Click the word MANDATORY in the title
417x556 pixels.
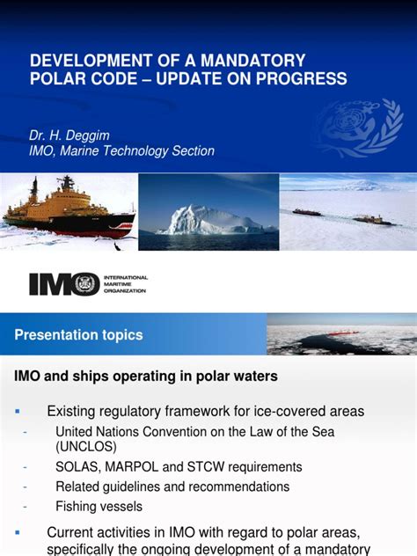click(x=255, y=61)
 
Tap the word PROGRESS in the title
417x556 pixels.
click(x=300, y=79)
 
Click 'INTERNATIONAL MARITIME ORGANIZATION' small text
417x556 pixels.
click(x=126, y=284)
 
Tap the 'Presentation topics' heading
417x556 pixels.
click(x=78, y=335)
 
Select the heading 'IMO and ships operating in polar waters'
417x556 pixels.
click(x=146, y=377)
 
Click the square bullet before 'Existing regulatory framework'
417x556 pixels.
click(x=18, y=411)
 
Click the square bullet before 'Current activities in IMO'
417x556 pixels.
click(x=18, y=532)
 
